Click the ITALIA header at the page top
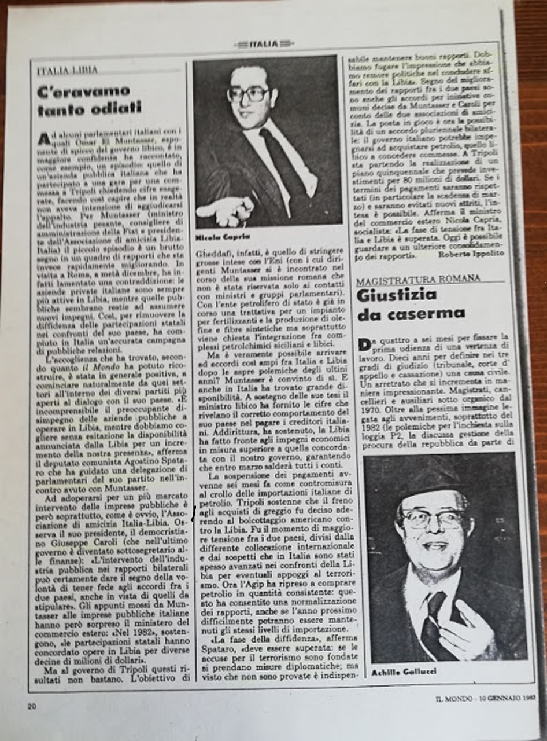click(264, 43)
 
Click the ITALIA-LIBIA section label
click(67, 70)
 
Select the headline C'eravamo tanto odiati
click(89, 100)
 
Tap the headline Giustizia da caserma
click(411, 305)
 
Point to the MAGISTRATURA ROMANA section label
click(418, 279)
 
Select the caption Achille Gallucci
click(397, 672)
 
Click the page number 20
click(32, 706)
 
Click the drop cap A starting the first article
click(43, 139)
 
